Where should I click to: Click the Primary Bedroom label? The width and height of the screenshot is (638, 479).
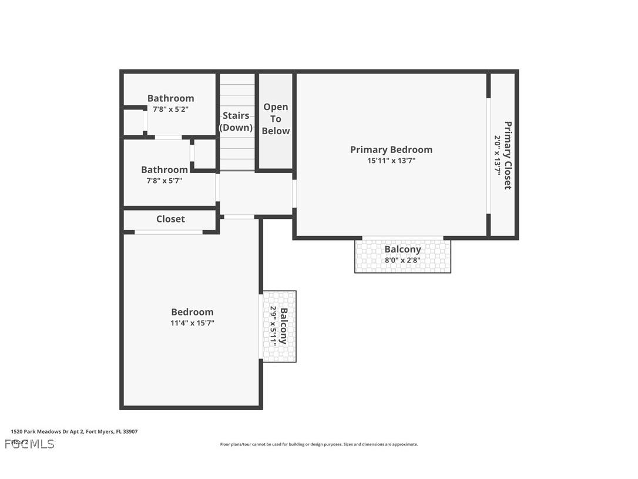point(391,149)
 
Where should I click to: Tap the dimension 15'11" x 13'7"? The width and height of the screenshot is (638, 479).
point(391,161)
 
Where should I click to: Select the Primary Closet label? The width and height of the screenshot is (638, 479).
point(508,155)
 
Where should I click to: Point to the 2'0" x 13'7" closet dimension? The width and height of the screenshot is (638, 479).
point(497,155)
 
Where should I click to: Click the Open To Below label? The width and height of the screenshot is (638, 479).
point(276,119)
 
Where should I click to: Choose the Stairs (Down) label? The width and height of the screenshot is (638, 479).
point(236,121)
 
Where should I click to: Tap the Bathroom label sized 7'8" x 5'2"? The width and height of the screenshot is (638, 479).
point(170,98)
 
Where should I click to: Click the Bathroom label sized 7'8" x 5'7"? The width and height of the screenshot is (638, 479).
point(164,169)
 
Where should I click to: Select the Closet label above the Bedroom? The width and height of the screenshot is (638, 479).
point(170,219)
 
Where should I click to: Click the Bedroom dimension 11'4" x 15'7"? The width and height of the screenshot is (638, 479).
point(192,323)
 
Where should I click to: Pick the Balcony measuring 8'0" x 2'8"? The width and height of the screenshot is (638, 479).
point(403,254)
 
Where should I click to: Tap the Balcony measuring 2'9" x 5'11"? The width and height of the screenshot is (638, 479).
point(280,326)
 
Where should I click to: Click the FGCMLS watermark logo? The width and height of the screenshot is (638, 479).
point(29,444)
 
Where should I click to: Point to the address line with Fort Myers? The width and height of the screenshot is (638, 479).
point(74,431)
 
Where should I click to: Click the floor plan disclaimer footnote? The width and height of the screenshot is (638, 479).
point(319,444)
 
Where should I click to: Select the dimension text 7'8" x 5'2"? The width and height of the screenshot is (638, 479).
point(170,109)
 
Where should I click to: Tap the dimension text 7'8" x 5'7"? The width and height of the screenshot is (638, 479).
point(164,181)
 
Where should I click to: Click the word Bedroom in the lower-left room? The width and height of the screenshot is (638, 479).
point(192,312)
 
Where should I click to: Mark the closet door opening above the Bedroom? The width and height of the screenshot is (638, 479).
point(169,232)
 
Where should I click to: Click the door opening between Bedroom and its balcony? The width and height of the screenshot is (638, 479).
point(261,327)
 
